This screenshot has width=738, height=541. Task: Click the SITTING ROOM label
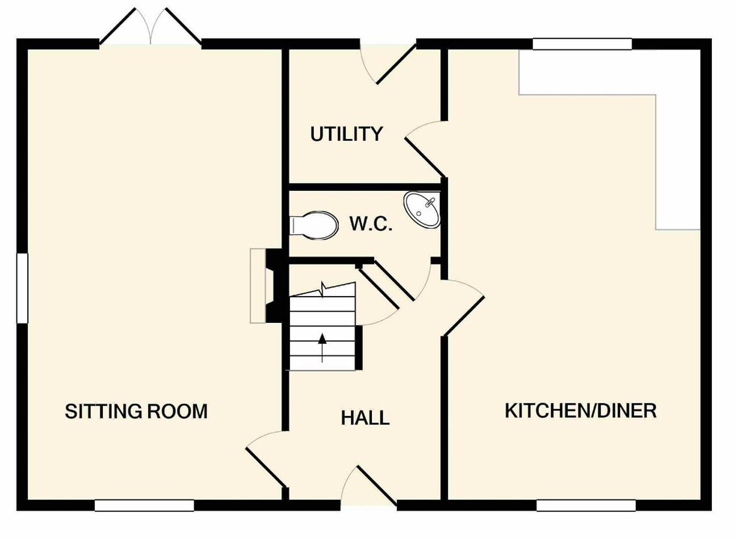pos(136,411)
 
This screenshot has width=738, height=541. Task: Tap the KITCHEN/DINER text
pos(581,411)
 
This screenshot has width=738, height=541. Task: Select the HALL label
pos(365,418)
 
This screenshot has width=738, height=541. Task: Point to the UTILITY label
pos(346,134)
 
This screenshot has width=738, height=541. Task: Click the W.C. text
pos(371,224)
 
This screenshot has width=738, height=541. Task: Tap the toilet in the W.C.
pos(313,225)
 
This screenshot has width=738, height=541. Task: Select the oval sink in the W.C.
pos(422,210)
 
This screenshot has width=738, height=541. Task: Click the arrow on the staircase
pos(322,348)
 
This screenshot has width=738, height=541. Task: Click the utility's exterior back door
pos(388,64)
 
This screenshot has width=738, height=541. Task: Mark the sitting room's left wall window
pos(22,288)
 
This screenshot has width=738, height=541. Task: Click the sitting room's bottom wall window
pos(144,505)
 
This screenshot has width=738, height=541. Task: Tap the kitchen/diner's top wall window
pos(582,44)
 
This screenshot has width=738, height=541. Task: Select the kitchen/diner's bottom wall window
pos(586,505)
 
